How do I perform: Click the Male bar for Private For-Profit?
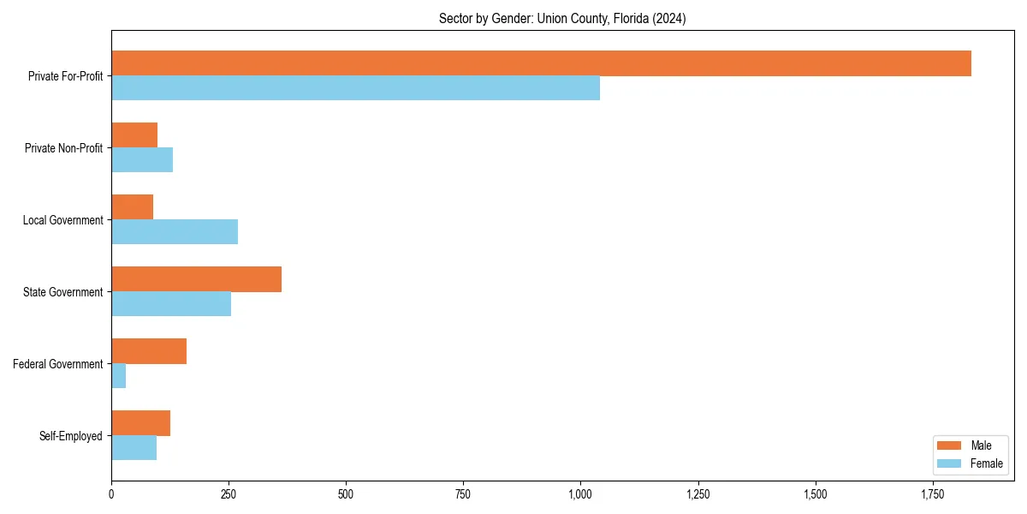pyautogui.click(x=541, y=63)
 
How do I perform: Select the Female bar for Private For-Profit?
pyautogui.click(x=355, y=88)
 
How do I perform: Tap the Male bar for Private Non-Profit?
pyautogui.click(x=134, y=135)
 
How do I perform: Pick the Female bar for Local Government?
pyautogui.click(x=175, y=232)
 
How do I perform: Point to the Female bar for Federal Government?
pyautogui.click(x=119, y=376)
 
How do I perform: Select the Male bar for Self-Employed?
pyautogui.click(x=140, y=423)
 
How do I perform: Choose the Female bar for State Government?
pyautogui.click(x=171, y=304)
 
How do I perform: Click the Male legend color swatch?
pyautogui.click(x=950, y=445)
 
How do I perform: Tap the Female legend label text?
pyautogui.click(x=987, y=463)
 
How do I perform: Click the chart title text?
pyautogui.click(x=561, y=18)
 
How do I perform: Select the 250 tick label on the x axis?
pyautogui.click(x=229, y=494)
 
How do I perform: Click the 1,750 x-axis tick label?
pyautogui.click(x=933, y=494)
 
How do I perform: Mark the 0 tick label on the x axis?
pyautogui.click(x=111, y=494)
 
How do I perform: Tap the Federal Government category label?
pyautogui.click(x=58, y=364)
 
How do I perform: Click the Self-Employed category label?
pyautogui.click(x=71, y=436)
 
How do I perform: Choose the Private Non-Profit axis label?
pyautogui.click(x=63, y=148)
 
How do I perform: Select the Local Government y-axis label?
pyautogui.click(x=62, y=220)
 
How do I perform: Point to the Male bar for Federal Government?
pyautogui.click(x=149, y=351)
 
